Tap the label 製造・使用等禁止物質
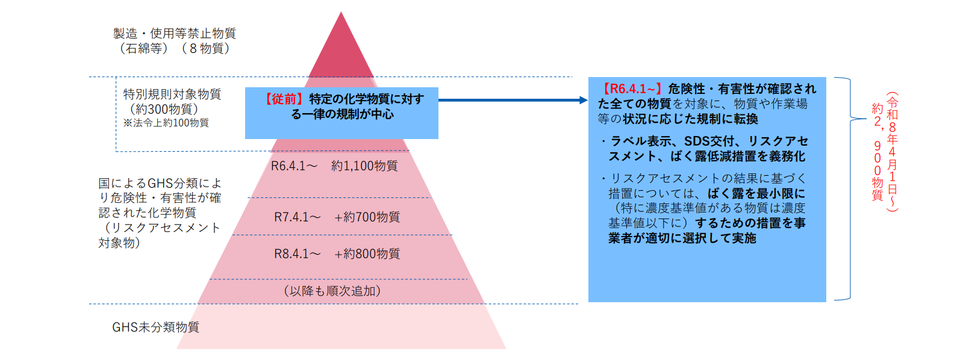coord(175,34)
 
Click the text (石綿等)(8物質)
coord(175,49)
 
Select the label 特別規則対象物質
coord(172,95)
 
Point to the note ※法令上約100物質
coord(166,123)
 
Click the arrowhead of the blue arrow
coord(583,100)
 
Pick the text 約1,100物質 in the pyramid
coord(364,166)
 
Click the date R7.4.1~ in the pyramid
coord(297,217)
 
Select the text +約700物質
coord(367,217)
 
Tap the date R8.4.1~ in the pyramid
coord(297,254)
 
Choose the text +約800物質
coord(367,254)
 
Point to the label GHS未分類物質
coord(155,327)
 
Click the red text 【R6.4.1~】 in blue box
coord(632,89)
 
